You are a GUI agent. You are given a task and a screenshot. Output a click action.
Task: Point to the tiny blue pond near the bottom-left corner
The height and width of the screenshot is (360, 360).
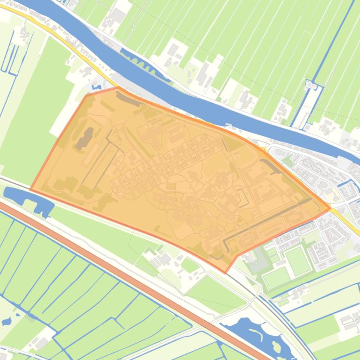6,322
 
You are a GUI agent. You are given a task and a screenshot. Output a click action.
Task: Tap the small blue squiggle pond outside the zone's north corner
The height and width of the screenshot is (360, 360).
97,86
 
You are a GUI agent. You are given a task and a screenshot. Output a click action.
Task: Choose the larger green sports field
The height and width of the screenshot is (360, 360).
298,260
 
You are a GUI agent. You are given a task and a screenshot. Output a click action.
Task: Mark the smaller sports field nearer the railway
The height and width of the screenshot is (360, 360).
276,279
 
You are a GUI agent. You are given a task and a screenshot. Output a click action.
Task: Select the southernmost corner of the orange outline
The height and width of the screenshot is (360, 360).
225,273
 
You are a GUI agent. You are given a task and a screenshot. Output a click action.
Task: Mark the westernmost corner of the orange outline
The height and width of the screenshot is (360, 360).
30,189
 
